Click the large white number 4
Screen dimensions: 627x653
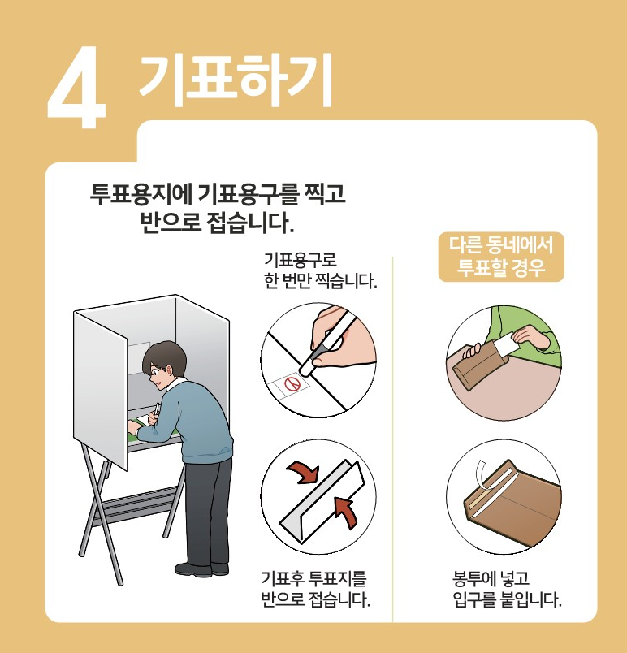click(x=77, y=89)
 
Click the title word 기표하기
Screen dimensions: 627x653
click(x=236, y=80)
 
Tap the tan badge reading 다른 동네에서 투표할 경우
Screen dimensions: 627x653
click(x=501, y=257)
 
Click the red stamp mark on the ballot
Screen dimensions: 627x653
click(x=292, y=383)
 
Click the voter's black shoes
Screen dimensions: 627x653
click(x=202, y=569)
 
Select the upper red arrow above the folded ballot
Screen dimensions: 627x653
click(x=303, y=471)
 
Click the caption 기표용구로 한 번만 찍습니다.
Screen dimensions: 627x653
click(x=320, y=270)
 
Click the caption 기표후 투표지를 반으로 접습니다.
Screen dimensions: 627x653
click(x=316, y=590)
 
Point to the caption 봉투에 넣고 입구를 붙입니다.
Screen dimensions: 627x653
click(x=507, y=590)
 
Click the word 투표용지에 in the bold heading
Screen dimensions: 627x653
click(x=141, y=193)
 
